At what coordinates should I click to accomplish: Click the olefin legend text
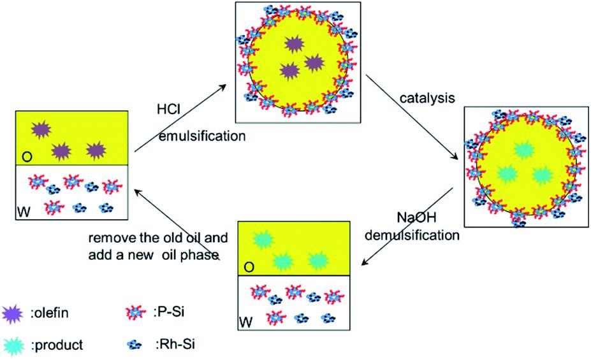[x=50, y=312]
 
